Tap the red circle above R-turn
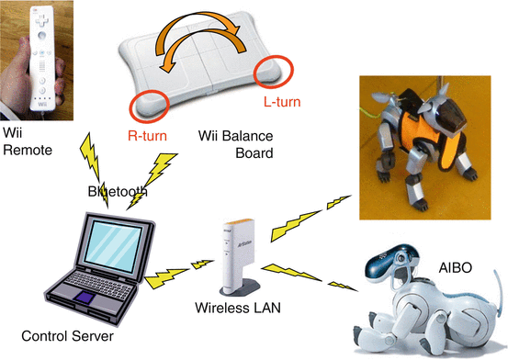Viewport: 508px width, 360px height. [x=149, y=105]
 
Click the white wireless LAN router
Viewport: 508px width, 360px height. [x=236, y=253]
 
